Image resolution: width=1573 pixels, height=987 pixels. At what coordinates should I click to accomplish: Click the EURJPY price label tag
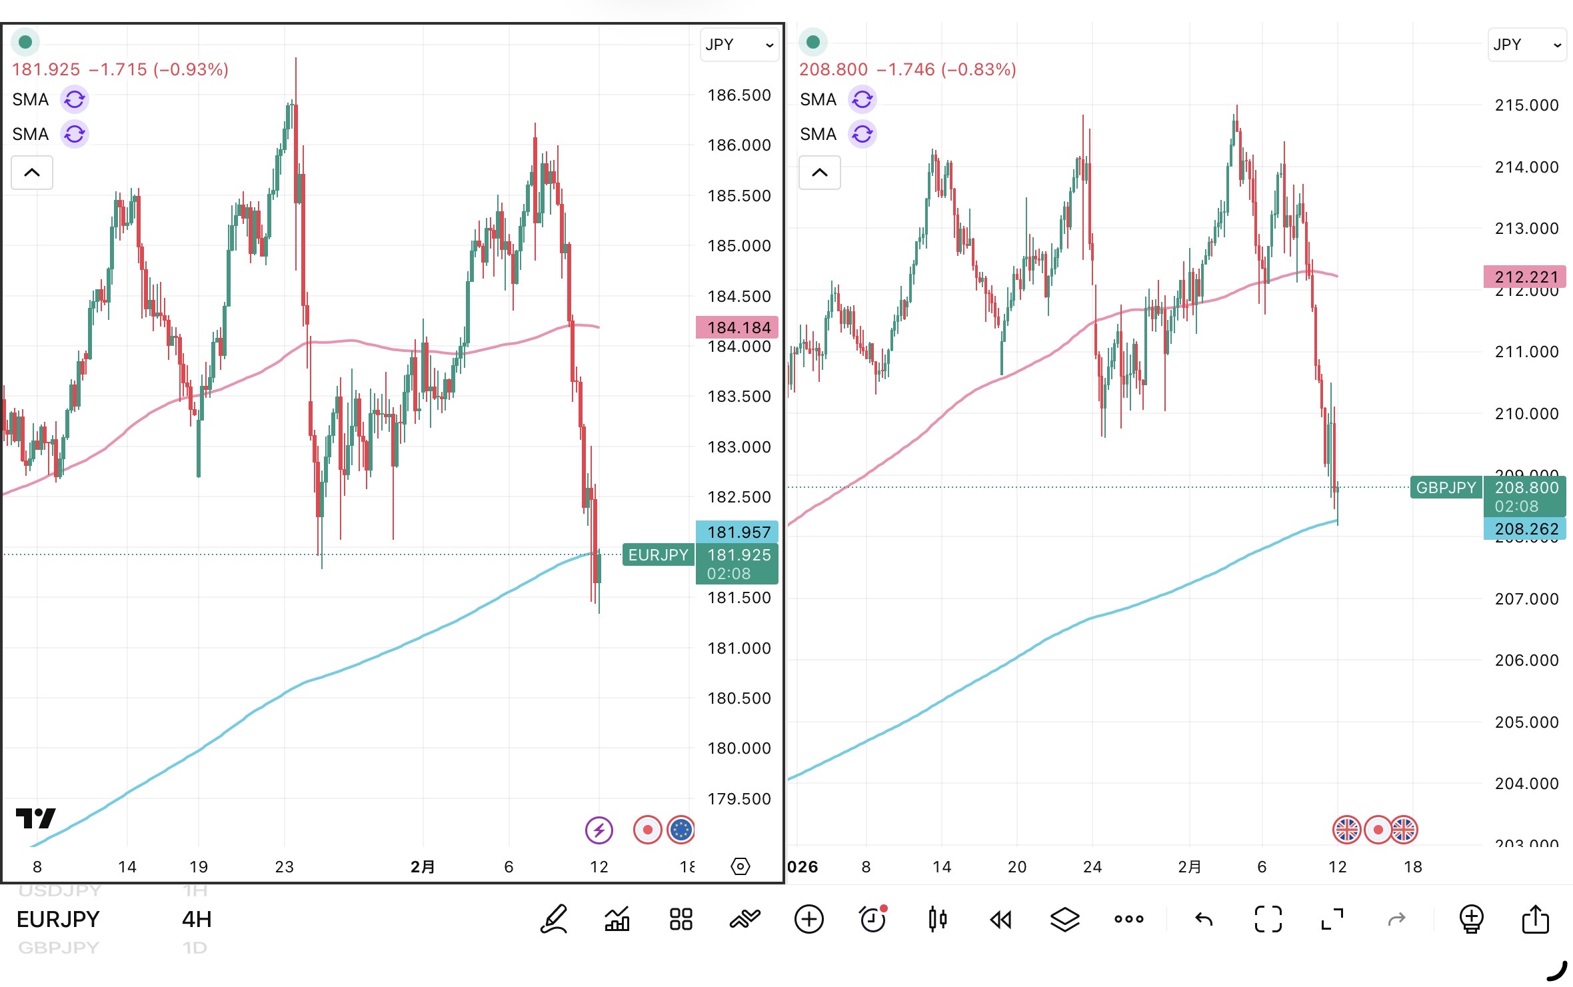tap(658, 554)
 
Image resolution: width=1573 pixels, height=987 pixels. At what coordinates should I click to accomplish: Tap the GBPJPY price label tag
tap(1446, 487)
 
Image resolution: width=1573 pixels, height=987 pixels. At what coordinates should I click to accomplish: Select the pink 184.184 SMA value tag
tap(737, 327)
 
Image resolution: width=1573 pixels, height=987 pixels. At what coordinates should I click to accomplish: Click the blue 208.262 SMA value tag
tap(1525, 529)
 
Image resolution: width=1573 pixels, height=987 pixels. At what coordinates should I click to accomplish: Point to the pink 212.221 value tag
tap(1525, 277)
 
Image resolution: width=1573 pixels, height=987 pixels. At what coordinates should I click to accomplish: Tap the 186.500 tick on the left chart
tap(739, 95)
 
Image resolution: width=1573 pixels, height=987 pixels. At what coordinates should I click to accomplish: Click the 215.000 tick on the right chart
tap(1526, 105)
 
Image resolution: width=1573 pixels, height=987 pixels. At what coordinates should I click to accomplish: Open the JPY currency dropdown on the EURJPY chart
tap(739, 45)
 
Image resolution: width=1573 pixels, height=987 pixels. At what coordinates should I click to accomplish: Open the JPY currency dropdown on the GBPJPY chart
tap(1526, 45)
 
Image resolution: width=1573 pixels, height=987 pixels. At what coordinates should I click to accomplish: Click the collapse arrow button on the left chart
tap(32, 173)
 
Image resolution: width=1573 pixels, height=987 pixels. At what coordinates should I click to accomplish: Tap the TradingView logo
tap(35, 818)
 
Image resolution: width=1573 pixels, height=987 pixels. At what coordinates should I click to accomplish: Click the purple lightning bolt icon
tap(599, 830)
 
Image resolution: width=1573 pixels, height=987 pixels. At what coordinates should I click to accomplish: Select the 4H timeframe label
tap(197, 920)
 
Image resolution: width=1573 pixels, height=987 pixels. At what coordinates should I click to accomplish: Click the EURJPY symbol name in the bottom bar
tap(58, 920)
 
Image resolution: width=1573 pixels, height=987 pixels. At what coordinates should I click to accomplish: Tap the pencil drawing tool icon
tap(554, 920)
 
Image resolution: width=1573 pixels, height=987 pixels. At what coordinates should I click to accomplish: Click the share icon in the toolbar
tap(1535, 920)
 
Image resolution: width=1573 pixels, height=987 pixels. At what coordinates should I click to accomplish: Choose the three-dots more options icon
tap(1128, 920)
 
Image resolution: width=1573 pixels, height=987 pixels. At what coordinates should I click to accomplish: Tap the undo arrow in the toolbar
tap(1204, 920)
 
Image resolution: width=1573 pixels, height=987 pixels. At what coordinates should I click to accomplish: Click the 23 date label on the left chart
tap(285, 866)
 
